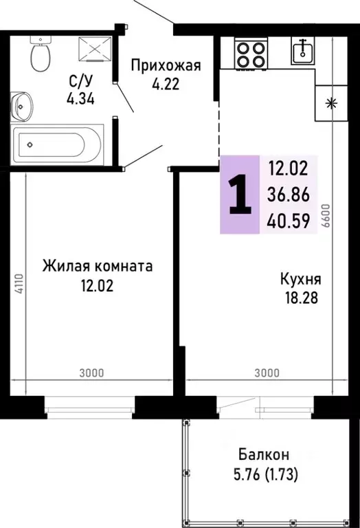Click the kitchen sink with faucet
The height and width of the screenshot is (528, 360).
click(302, 50)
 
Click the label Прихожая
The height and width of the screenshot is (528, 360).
click(166, 66)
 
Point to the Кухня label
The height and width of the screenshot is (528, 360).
click(301, 280)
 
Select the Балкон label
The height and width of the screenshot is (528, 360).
click(264, 454)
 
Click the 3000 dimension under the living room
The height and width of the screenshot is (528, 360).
click(91, 373)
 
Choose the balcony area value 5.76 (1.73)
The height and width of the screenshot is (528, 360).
click(264, 474)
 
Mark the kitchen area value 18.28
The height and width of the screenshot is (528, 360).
click(301, 298)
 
